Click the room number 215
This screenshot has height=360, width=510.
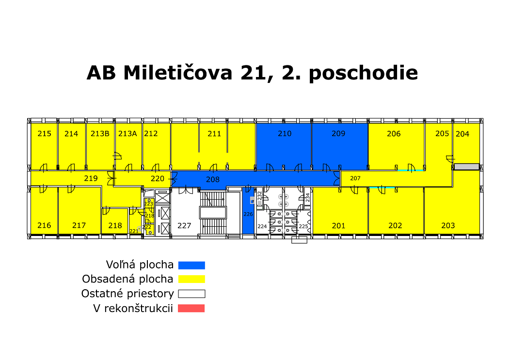pos(44,134)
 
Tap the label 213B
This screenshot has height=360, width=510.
pos(100,134)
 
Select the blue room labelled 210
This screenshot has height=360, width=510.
pos(284,146)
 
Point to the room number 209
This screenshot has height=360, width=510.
pos(338,134)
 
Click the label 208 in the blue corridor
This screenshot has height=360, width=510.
pos(213,179)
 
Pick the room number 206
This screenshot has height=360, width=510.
pos(394,134)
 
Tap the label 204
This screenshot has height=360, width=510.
pos(462,134)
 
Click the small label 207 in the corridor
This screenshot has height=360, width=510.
pos(355,178)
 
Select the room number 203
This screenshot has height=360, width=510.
pos(448,226)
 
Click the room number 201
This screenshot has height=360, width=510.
pos(338,226)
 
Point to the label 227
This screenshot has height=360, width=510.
pos(184,226)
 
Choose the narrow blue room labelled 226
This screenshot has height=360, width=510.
pos(248,210)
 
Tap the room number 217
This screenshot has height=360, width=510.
pos(79,225)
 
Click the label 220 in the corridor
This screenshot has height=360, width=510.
pos(158,178)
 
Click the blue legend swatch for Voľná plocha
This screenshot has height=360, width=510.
pos(191,266)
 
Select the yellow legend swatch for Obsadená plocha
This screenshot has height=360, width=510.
pos(191,279)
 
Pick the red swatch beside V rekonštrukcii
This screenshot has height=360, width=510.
pos(191,308)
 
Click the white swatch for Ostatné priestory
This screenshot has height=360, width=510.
pos(191,294)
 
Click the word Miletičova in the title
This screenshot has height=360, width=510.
pos(178,73)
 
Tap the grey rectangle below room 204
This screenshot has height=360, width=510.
pos(467,167)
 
